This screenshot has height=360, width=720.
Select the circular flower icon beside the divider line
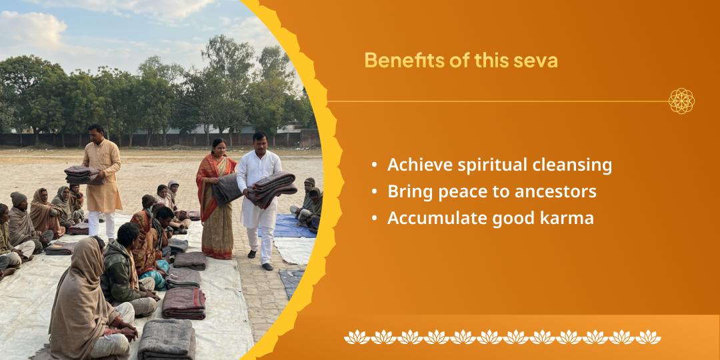click(x=681, y=101)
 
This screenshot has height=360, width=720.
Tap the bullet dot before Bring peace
click(x=376, y=192)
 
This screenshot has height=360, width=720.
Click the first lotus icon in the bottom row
click(x=357, y=337)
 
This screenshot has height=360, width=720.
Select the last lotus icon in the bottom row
click(x=648, y=337)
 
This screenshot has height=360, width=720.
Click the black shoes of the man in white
click(x=260, y=260)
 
